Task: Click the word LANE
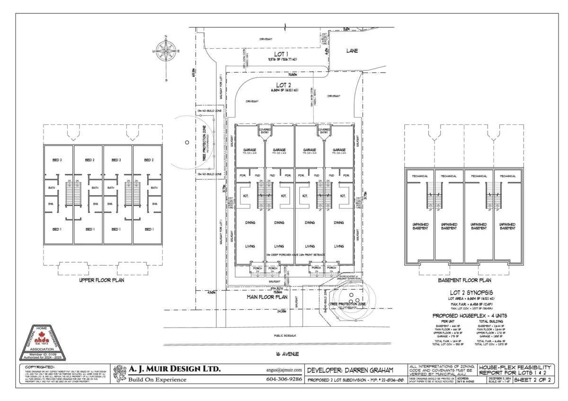click(x=352, y=51)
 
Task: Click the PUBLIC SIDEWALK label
click(x=285, y=335)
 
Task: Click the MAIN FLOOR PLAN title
click(x=267, y=297)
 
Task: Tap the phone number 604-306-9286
click(x=284, y=380)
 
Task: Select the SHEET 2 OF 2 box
click(x=532, y=380)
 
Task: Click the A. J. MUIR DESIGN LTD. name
click(x=175, y=369)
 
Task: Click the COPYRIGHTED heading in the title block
click(x=40, y=367)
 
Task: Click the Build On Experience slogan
click(x=157, y=380)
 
